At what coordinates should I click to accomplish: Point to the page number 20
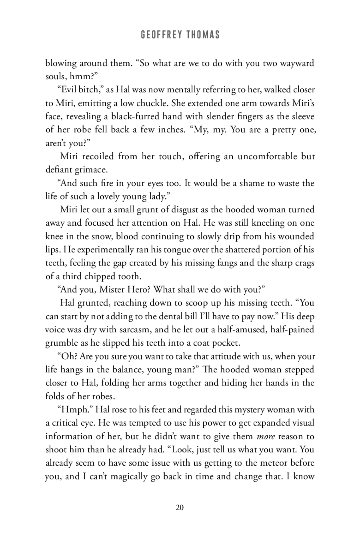coord(180,507)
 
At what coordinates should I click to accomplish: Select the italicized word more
coord(266,436)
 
